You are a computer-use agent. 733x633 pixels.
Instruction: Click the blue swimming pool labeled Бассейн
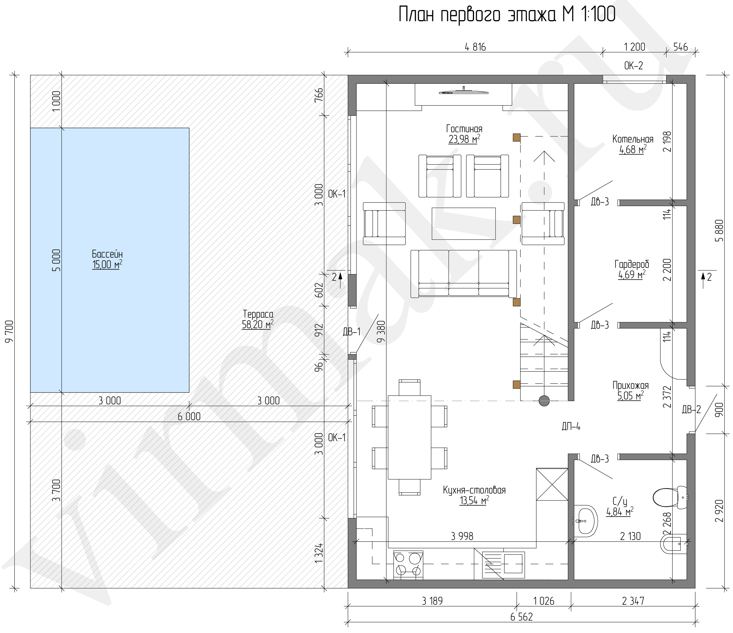110,260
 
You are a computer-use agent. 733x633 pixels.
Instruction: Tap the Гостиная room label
464,129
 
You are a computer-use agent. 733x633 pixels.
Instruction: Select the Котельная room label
633,139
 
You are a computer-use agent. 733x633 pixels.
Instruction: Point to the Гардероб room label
632,264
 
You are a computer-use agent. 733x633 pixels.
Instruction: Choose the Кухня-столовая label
474,490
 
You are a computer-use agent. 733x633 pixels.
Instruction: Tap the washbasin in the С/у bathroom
586,521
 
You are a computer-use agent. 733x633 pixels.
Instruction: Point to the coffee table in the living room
463,224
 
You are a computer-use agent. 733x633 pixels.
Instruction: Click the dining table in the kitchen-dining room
410,437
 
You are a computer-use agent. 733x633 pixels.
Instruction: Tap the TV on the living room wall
463,92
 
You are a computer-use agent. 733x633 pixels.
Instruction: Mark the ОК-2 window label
633,66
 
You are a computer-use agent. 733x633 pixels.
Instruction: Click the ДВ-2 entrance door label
691,409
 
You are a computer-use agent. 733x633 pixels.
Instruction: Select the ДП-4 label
571,427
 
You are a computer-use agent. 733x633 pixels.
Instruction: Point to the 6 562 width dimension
521,617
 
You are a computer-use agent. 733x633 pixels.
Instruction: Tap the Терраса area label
258,314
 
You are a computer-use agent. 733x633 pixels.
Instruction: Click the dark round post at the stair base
544,401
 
